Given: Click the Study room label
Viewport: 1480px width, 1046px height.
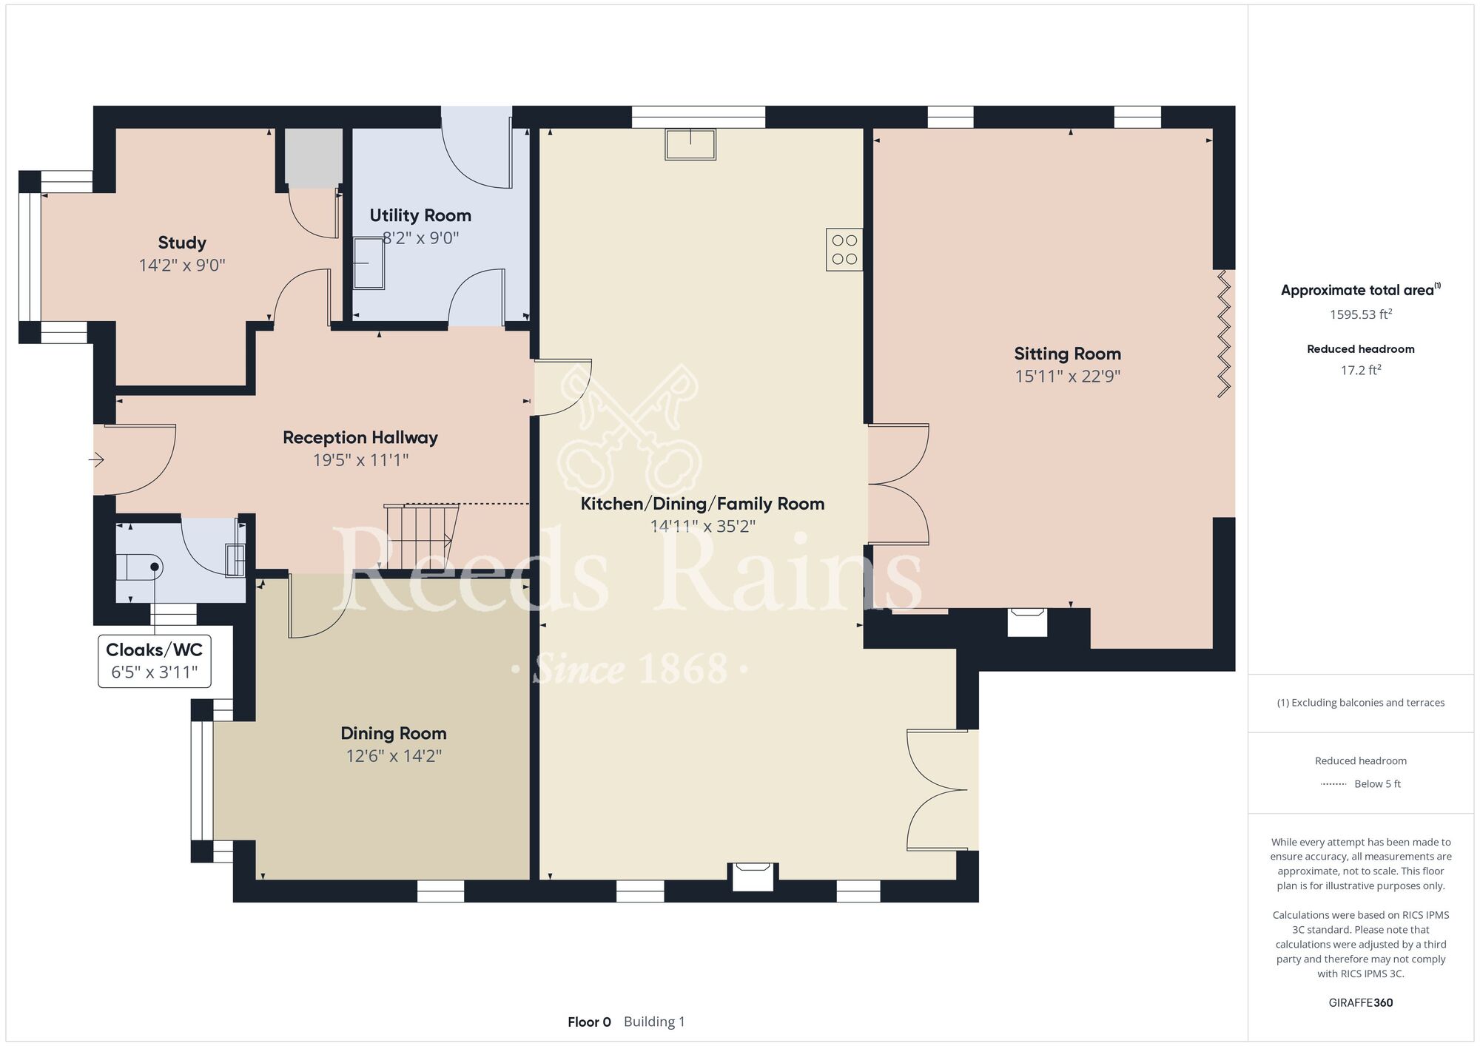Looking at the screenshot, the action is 182,243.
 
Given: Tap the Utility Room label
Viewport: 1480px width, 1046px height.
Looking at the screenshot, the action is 420,215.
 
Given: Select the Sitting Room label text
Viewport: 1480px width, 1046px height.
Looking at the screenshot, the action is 1067,354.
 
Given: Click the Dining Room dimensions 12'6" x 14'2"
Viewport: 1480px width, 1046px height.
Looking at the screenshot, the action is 394,756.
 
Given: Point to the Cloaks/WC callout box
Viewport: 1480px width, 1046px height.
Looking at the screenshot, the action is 155,661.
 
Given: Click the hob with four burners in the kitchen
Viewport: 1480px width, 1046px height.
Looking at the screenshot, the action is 844,249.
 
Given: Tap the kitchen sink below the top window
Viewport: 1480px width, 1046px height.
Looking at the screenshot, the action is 690,144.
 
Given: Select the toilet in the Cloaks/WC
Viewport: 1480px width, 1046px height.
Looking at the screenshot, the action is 140,567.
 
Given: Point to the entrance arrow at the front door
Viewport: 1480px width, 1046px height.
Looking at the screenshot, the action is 96,460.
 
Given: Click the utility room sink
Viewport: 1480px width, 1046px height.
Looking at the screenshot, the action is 369,263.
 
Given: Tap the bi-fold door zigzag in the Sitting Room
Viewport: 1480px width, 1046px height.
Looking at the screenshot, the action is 1223,334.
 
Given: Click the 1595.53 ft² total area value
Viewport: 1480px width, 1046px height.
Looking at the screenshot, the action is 1361,314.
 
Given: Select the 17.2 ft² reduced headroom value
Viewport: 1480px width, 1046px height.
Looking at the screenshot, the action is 1361,370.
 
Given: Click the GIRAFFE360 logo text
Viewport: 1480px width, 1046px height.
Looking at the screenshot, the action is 1361,1003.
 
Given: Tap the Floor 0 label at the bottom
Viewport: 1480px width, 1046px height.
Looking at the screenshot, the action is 589,1022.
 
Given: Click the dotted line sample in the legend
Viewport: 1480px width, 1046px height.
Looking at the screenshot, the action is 1333,784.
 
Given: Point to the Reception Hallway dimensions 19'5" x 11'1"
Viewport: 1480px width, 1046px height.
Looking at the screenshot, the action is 360,460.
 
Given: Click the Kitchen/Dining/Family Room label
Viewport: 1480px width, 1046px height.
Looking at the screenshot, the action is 702,504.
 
